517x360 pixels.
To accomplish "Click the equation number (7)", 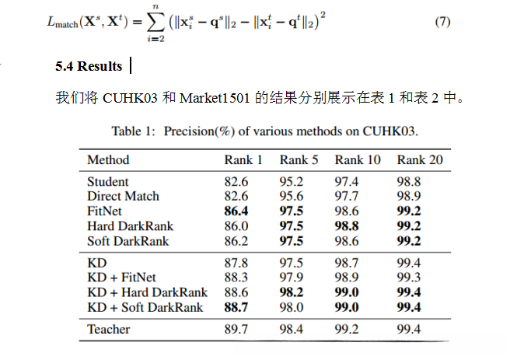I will (442, 21).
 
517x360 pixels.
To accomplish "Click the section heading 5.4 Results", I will (89, 67).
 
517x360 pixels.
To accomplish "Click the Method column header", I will (108, 160).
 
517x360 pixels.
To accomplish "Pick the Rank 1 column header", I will (243, 160).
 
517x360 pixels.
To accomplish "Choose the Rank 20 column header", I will (420, 160).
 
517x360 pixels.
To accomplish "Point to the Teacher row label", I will (109, 329).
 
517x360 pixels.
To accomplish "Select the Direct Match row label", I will (123, 196).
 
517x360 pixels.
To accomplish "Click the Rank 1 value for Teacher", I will (236, 329).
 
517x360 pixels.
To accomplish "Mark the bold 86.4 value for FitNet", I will (236, 211).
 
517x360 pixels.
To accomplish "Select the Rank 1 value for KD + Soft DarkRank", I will (236, 307).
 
